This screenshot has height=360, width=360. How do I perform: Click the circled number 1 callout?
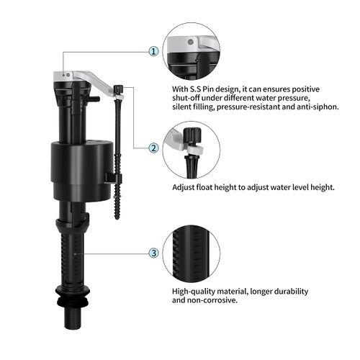coord(153,52)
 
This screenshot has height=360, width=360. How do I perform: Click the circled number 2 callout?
coord(153,148)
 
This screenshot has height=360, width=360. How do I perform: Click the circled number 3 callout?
coord(153,253)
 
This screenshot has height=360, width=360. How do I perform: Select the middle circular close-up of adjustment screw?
coord(191,149)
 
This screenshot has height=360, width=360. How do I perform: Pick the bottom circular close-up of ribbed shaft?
coord(191,253)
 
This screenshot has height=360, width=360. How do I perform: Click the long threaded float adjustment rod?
coord(118,158)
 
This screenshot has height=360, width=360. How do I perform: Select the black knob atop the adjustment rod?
coord(118,90)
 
